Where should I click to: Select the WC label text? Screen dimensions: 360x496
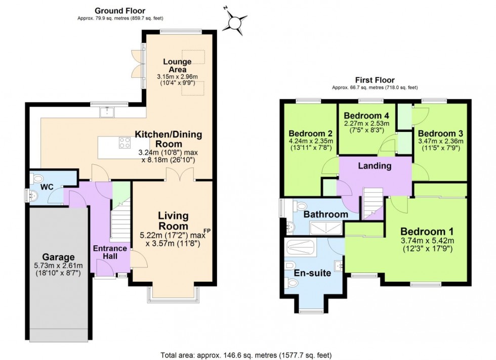47,187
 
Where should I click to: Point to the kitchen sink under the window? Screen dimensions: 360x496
107,112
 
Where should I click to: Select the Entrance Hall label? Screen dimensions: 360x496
109,252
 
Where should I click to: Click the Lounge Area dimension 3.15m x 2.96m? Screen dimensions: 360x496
177,77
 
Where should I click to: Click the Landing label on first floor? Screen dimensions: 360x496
375,166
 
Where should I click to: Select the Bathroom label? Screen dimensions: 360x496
325,214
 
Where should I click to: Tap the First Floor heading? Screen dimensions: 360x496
375,80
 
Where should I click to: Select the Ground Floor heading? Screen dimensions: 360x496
120,11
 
